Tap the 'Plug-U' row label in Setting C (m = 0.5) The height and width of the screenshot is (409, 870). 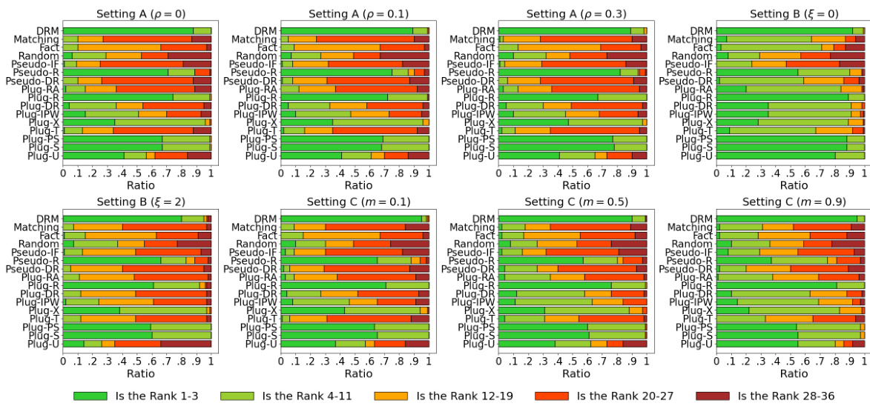(480, 344)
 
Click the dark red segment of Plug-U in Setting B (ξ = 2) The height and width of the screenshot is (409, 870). (185, 344)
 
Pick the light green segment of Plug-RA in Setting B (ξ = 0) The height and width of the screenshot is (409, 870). (793, 89)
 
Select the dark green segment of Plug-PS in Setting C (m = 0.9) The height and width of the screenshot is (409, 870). (757, 327)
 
